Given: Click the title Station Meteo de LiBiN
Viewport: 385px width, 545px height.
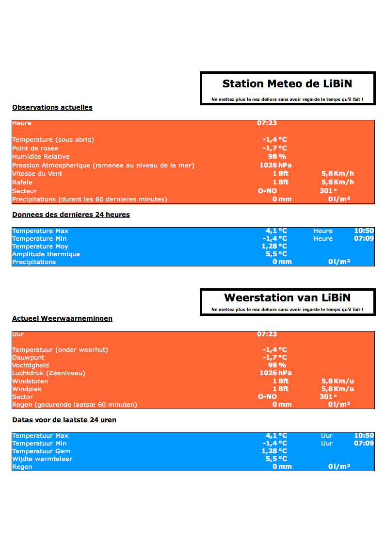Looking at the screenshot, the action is point(287,84).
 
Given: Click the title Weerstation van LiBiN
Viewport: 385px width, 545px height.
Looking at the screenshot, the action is point(287,298).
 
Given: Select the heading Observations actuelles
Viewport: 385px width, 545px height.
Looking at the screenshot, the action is point(52,107).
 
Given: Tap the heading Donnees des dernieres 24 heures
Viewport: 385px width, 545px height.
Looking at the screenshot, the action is point(71,215).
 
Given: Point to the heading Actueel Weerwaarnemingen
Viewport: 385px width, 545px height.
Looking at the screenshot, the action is point(62,318).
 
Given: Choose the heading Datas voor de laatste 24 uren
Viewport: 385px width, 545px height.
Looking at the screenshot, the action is point(64,420).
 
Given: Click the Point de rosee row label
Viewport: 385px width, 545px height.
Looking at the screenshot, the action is point(35,149).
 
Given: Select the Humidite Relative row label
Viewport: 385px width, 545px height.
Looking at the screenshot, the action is point(41,157).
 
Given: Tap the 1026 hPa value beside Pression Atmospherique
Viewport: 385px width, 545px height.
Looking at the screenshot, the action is point(275,165).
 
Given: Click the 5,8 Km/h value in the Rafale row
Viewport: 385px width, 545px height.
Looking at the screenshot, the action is point(337,182).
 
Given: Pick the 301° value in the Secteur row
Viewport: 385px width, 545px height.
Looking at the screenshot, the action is point(328,191).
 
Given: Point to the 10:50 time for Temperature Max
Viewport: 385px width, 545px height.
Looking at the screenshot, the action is point(364,231).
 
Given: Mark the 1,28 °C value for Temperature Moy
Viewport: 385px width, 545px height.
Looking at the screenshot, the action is point(274,246).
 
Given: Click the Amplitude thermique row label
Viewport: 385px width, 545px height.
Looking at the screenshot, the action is point(46,254).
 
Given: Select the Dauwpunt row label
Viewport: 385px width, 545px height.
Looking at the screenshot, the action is point(28,358).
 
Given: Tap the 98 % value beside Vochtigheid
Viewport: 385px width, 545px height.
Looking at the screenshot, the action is point(277,365).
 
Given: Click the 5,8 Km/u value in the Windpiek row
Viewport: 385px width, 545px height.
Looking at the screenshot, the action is point(337,389).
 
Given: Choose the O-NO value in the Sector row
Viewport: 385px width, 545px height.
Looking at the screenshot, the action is point(267,396).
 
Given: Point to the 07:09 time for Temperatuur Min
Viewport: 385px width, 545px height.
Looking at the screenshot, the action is point(364,443).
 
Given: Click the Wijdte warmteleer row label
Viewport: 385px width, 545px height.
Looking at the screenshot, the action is point(42,459).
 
